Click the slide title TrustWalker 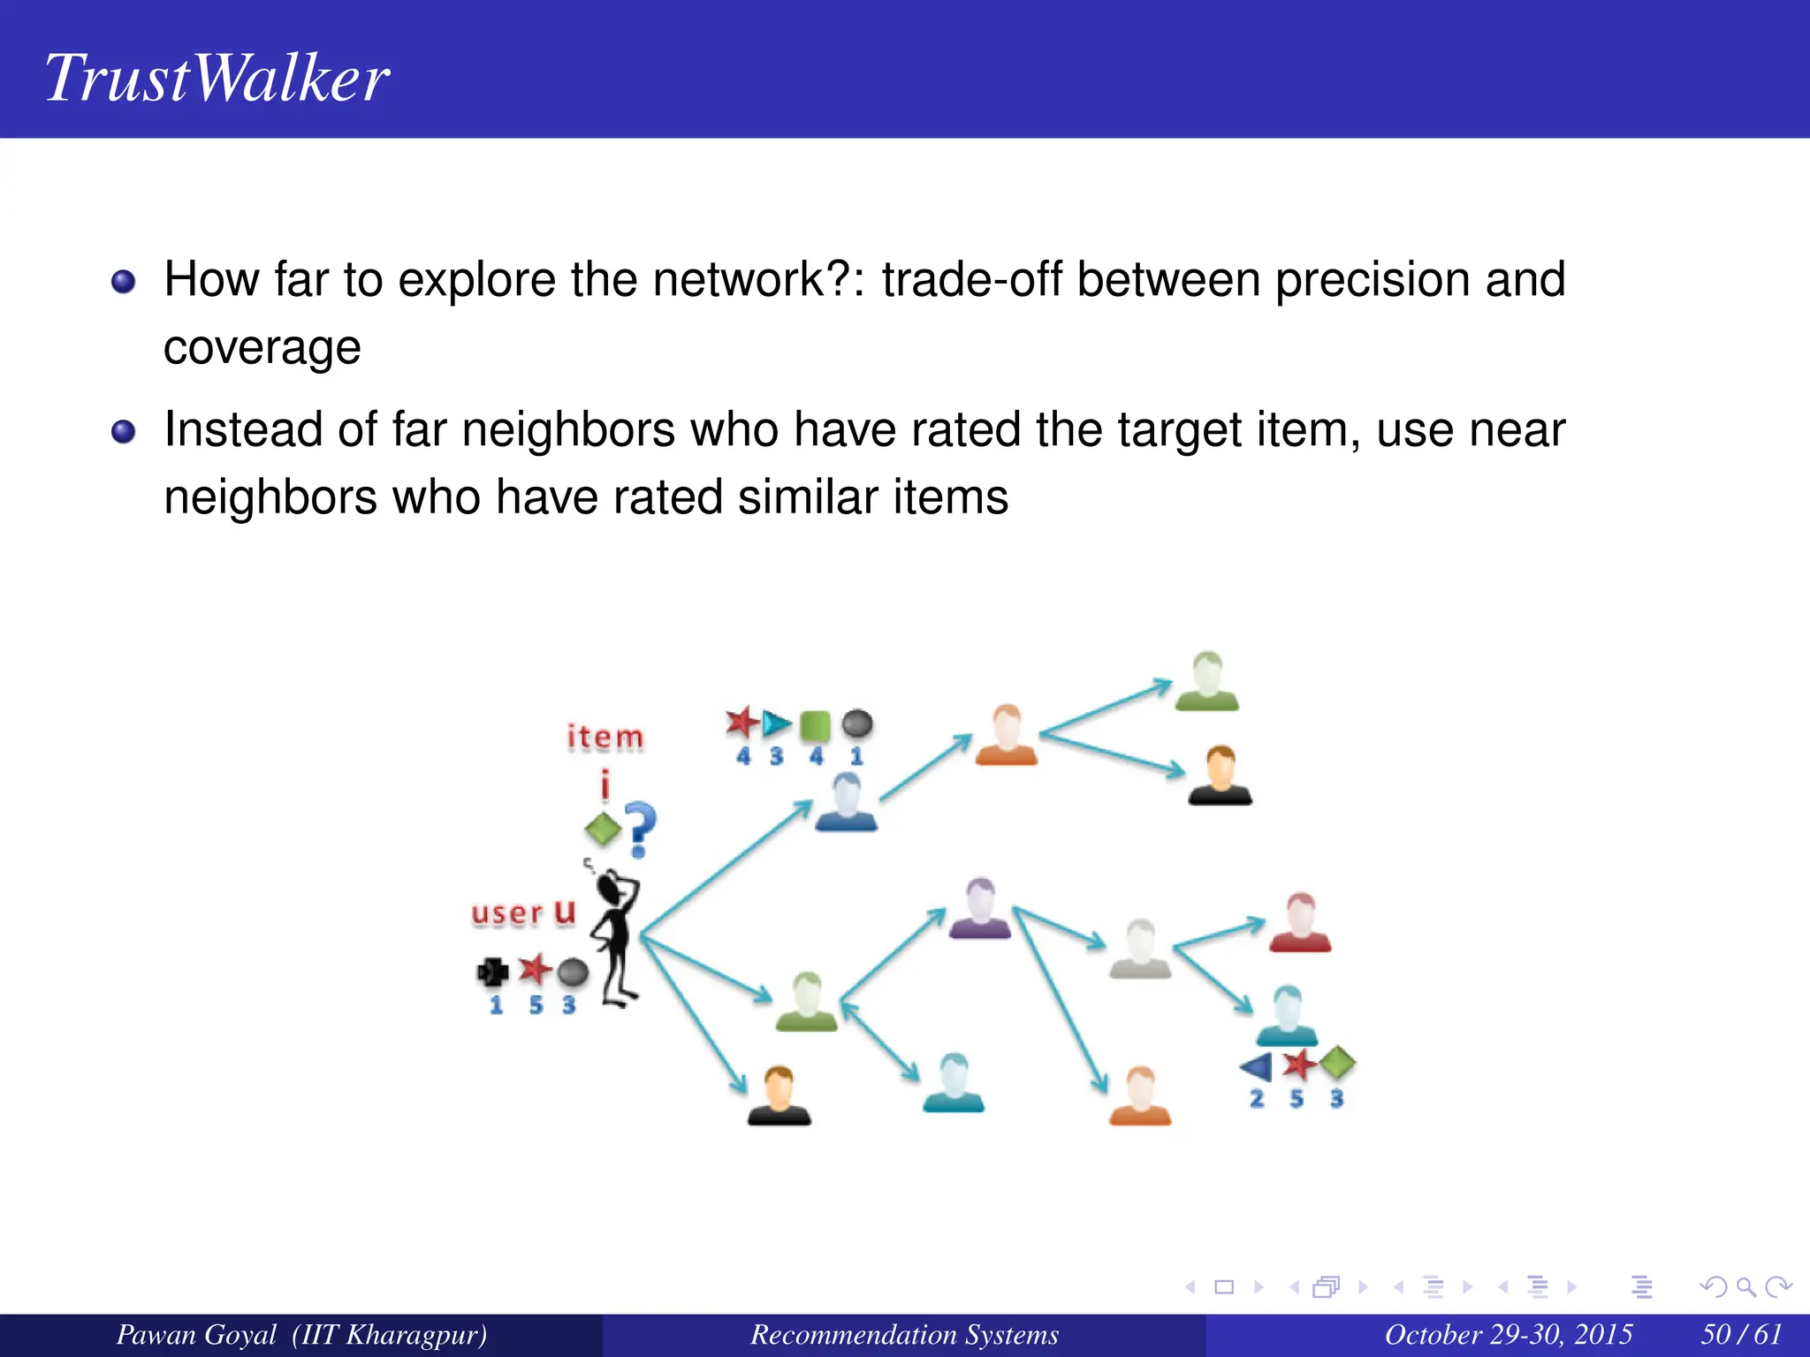(x=217, y=78)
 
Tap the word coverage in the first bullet (x=262, y=347)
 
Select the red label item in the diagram (x=605, y=737)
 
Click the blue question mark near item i (x=641, y=829)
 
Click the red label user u (x=523, y=912)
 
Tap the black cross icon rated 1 (x=492, y=973)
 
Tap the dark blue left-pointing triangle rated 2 (x=1256, y=1066)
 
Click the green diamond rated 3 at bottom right (x=1338, y=1063)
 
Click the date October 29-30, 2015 (x=1508, y=1334)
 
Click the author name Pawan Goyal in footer (x=196, y=1334)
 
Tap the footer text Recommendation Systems (x=904, y=1334)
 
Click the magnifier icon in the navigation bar (x=1746, y=1287)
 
